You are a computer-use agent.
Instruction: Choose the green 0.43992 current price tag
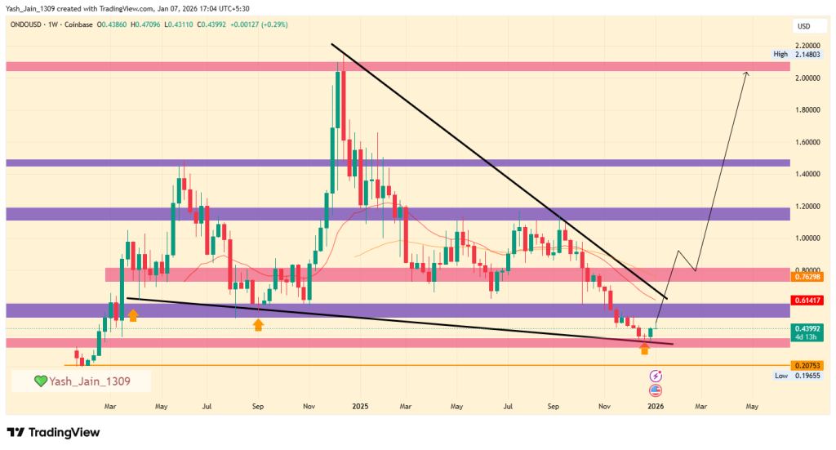tap(806, 328)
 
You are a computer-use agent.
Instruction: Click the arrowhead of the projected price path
tap(745, 74)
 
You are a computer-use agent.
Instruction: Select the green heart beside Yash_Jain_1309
tap(40, 381)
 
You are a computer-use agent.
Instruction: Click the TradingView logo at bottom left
tap(53, 431)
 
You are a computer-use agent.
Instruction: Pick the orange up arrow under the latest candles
tap(644, 350)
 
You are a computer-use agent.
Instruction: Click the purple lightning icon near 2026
tap(655, 376)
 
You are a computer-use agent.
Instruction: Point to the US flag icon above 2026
tap(655, 390)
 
